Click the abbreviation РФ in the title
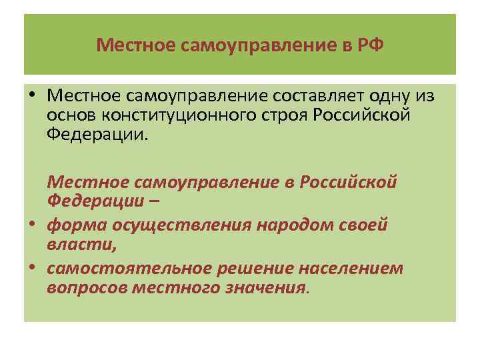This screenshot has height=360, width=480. pyautogui.click(x=371, y=46)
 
